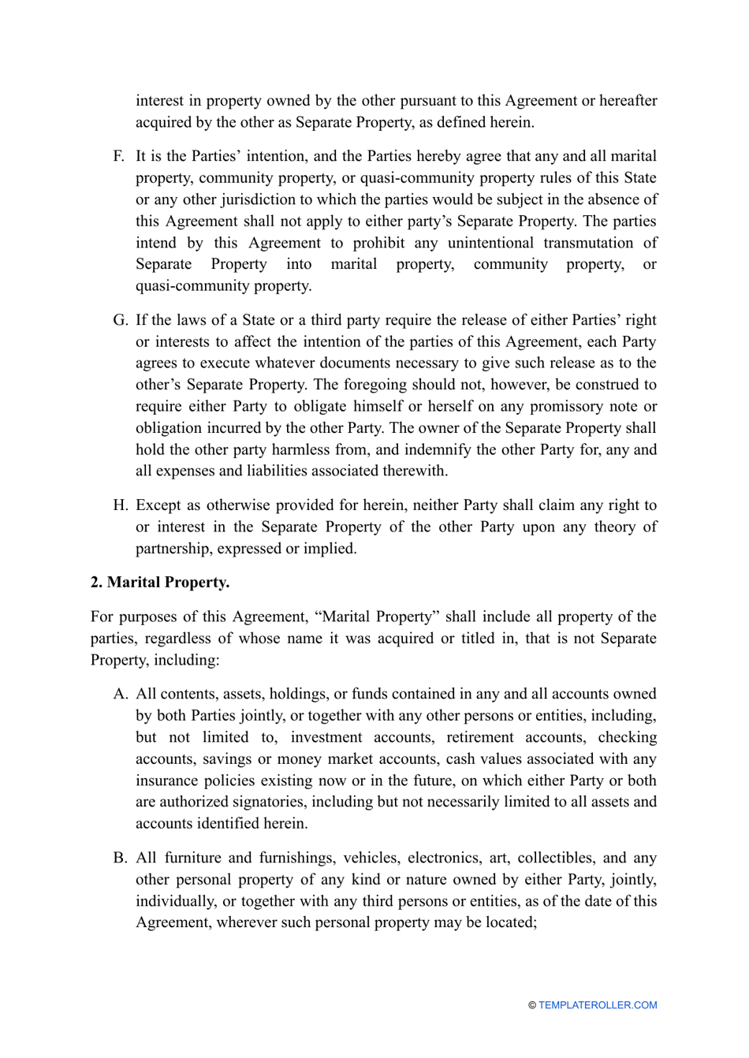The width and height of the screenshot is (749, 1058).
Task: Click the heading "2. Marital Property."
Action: tap(160, 583)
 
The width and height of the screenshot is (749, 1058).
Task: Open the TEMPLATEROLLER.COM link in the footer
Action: tap(598, 1005)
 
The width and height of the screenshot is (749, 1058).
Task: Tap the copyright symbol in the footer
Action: tap(532, 1005)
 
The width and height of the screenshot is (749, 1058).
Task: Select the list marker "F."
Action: tap(119, 156)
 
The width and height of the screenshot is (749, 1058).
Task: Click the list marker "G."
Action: tap(120, 320)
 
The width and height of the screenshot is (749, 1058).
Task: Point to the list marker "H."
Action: tap(120, 505)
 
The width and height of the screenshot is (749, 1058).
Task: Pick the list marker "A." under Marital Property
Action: tap(120, 694)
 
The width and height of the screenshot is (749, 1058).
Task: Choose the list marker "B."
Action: tap(120, 858)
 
